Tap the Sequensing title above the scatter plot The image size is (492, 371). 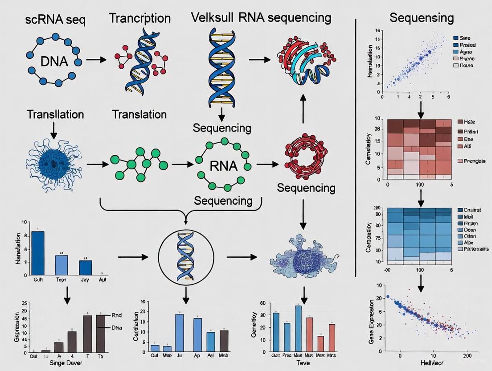coord(421,18)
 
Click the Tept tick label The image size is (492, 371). coord(61,280)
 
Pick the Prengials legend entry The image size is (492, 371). coord(474,161)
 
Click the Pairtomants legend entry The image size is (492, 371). coord(476,248)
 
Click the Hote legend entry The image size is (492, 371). coord(470,121)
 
